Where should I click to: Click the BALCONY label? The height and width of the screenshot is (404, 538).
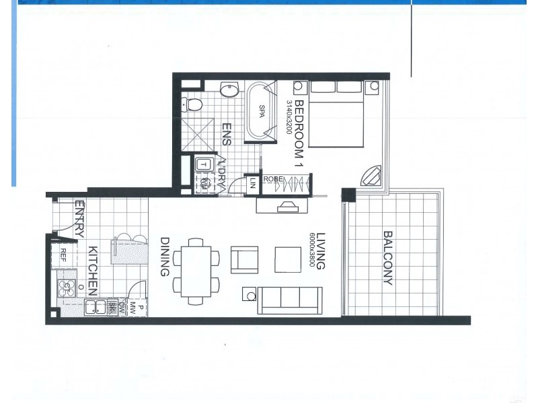(388, 258)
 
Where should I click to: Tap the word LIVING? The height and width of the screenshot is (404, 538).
(321, 251)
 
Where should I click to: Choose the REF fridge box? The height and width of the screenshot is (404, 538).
(63, 255)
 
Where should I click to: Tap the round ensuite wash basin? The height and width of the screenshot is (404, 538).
(229, 90)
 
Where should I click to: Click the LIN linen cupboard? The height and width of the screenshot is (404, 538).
(253, 183)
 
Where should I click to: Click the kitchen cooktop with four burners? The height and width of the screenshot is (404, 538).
(69, 288)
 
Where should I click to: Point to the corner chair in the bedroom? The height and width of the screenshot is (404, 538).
(371, 176)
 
